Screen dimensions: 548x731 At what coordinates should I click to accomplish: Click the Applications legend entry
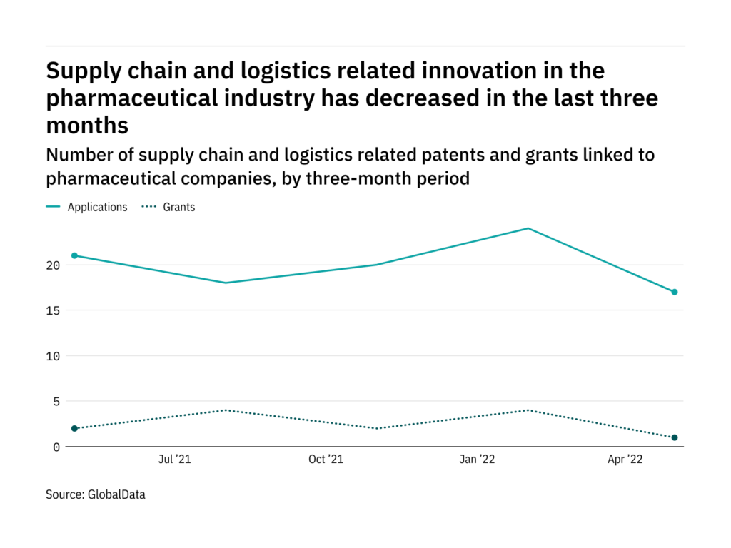97,208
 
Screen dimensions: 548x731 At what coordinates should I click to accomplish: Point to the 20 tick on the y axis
54,265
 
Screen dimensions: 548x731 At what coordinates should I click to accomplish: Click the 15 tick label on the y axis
54,311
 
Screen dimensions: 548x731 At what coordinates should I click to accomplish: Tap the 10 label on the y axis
54,356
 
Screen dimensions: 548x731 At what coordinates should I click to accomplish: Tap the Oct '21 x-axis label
326,460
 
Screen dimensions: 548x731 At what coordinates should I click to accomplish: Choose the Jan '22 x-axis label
477,460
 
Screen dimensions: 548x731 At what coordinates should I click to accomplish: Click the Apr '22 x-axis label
625,460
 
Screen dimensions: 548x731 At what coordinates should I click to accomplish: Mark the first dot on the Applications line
74,255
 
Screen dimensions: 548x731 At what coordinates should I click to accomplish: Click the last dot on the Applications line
674,292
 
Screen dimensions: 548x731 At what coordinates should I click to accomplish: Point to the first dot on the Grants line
74,428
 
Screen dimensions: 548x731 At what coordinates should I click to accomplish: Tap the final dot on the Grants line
674,437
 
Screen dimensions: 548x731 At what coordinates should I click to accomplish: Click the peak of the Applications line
528,228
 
